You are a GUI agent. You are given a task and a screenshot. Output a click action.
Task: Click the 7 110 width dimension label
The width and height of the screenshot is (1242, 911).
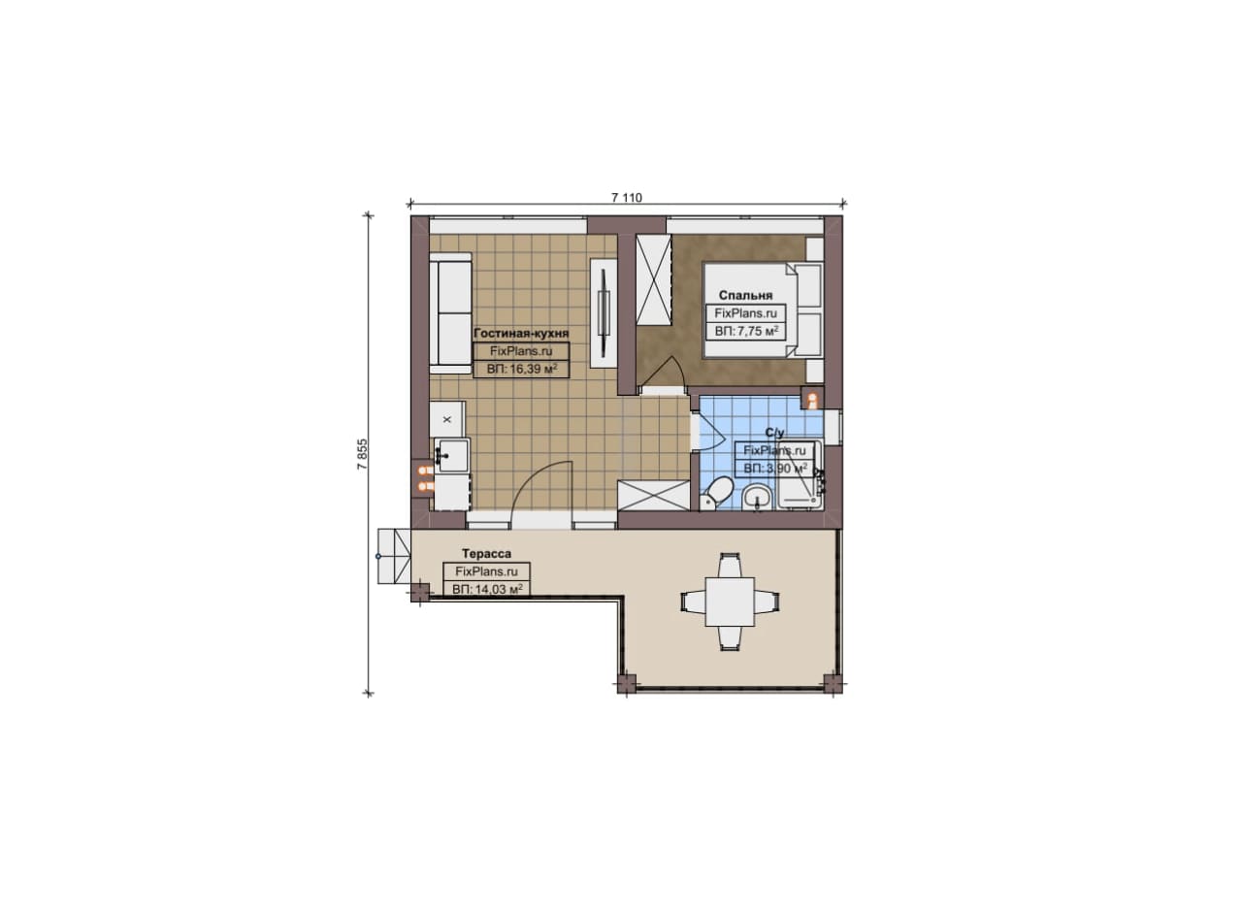627,198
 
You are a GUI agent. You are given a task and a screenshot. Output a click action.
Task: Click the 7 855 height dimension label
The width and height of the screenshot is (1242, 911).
362,455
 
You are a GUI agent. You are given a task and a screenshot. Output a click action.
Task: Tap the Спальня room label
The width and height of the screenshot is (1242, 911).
746,296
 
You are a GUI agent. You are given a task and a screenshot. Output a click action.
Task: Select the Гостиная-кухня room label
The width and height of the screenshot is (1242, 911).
521,333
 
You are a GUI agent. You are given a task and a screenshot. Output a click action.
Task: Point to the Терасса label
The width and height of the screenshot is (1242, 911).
486,553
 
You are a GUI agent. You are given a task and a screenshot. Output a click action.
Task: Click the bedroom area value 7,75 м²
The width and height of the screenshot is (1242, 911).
746,332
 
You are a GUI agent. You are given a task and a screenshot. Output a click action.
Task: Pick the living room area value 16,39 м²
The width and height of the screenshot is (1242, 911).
521,369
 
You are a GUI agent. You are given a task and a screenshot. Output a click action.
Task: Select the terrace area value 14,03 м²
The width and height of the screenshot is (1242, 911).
487,590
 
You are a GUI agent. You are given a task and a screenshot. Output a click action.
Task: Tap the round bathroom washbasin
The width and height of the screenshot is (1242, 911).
758,497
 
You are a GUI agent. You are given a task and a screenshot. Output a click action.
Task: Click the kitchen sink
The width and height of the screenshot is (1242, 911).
452,455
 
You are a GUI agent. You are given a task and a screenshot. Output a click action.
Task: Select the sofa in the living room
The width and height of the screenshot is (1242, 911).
450,313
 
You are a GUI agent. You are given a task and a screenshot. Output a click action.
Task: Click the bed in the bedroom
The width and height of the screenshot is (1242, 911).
763,309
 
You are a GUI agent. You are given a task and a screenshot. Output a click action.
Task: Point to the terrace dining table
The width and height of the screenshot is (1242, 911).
730,602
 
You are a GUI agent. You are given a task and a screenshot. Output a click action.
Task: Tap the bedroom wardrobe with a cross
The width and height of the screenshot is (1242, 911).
654,278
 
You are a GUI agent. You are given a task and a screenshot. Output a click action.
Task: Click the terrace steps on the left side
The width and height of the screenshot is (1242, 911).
394,556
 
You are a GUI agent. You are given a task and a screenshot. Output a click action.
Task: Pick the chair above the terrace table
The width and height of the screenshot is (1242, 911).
730,564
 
